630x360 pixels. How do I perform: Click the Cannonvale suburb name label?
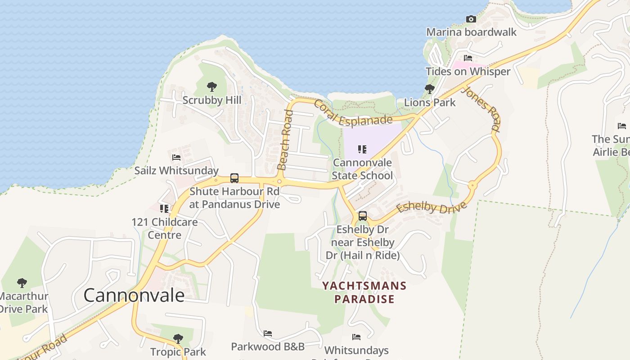click(x=134, y=295)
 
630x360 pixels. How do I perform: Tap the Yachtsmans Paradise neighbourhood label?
click(x=364, y=292)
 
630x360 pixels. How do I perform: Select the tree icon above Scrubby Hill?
click(x=211, y=87)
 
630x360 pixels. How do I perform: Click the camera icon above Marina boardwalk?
click(x=471, y=19)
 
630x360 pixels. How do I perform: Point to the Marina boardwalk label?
click(x=471, y=32)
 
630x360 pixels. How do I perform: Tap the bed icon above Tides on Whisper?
click(x=468, y=58)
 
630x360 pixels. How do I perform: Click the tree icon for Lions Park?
click(x=429, y=89)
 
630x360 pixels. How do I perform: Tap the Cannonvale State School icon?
click(x=362, y=149)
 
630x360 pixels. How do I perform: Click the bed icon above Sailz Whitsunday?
click(x=176, y=157)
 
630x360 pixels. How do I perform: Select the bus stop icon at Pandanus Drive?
click(x=234, y=178)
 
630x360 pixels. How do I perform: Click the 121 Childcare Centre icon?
click(x=164, y=208)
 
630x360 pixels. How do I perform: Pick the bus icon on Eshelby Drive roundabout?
click(x=362, y=216)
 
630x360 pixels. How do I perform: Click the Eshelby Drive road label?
click(x=431, y=207)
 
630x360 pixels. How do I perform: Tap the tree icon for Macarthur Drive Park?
click(x=22, y=283)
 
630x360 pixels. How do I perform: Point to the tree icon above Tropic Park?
click(x=178, y=338)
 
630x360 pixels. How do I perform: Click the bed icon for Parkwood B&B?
click(x=268, y=333)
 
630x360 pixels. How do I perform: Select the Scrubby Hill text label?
click(x=211, y=100)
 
